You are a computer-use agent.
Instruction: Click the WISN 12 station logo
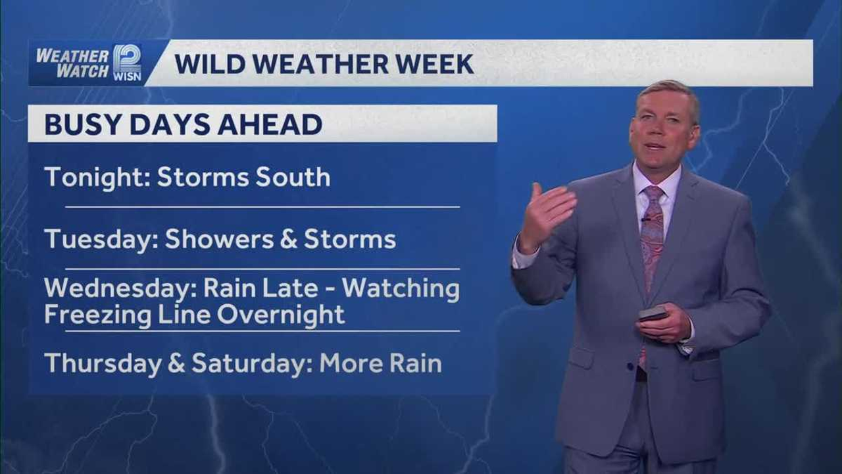(x=128, y=63)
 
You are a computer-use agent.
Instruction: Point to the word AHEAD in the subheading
(x=270, y=124)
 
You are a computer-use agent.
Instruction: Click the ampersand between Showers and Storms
(x=289, y=239)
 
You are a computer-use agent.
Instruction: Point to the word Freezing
(x=98, y=315)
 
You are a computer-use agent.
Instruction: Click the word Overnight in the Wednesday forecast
(x=281, y=315)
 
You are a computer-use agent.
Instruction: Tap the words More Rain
(x=380, y=363)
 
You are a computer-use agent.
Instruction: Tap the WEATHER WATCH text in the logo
(x=72, y=63)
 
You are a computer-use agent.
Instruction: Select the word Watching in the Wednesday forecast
(x=401, y=289)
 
